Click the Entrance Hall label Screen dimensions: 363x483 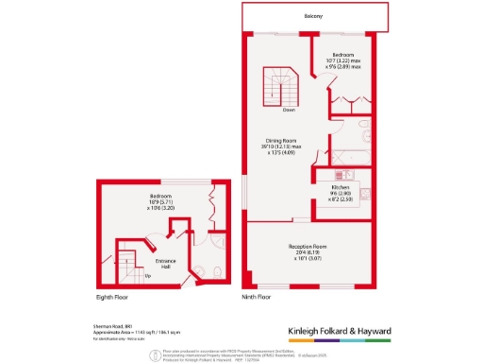click(166, 260)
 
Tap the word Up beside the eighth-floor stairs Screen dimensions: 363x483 click(146, 275)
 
